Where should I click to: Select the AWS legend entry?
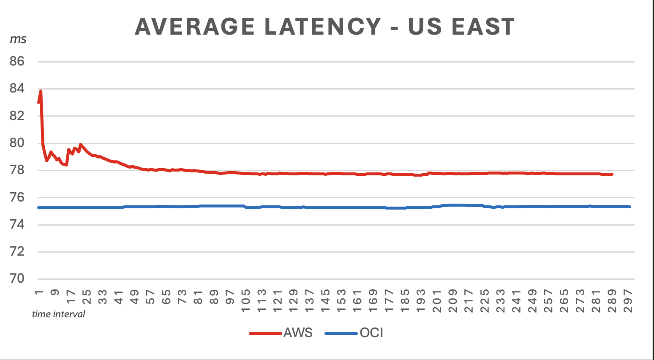pos(298,333)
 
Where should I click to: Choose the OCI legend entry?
pos(371,333)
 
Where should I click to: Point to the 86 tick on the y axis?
pos(17,62)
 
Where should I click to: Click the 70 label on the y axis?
pos(17,279)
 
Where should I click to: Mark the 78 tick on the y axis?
pos(17,170)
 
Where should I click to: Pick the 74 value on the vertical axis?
pos(17,225)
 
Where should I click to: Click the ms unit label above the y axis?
pos(18,39)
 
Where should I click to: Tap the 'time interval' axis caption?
pos(58,314)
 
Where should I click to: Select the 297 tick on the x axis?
pos(628,300)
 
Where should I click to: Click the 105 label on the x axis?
pos(246,300)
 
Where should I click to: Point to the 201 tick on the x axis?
pos(437,300)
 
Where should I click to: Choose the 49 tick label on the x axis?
pos(134,297)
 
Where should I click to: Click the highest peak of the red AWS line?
pos(41,91)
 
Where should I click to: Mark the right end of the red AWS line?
pos(612,174)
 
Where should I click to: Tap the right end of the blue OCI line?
pos(630,207)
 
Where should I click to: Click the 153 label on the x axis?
pos(341,300)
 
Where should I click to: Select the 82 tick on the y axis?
pos(17,116)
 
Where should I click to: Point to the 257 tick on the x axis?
pos(548,300)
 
